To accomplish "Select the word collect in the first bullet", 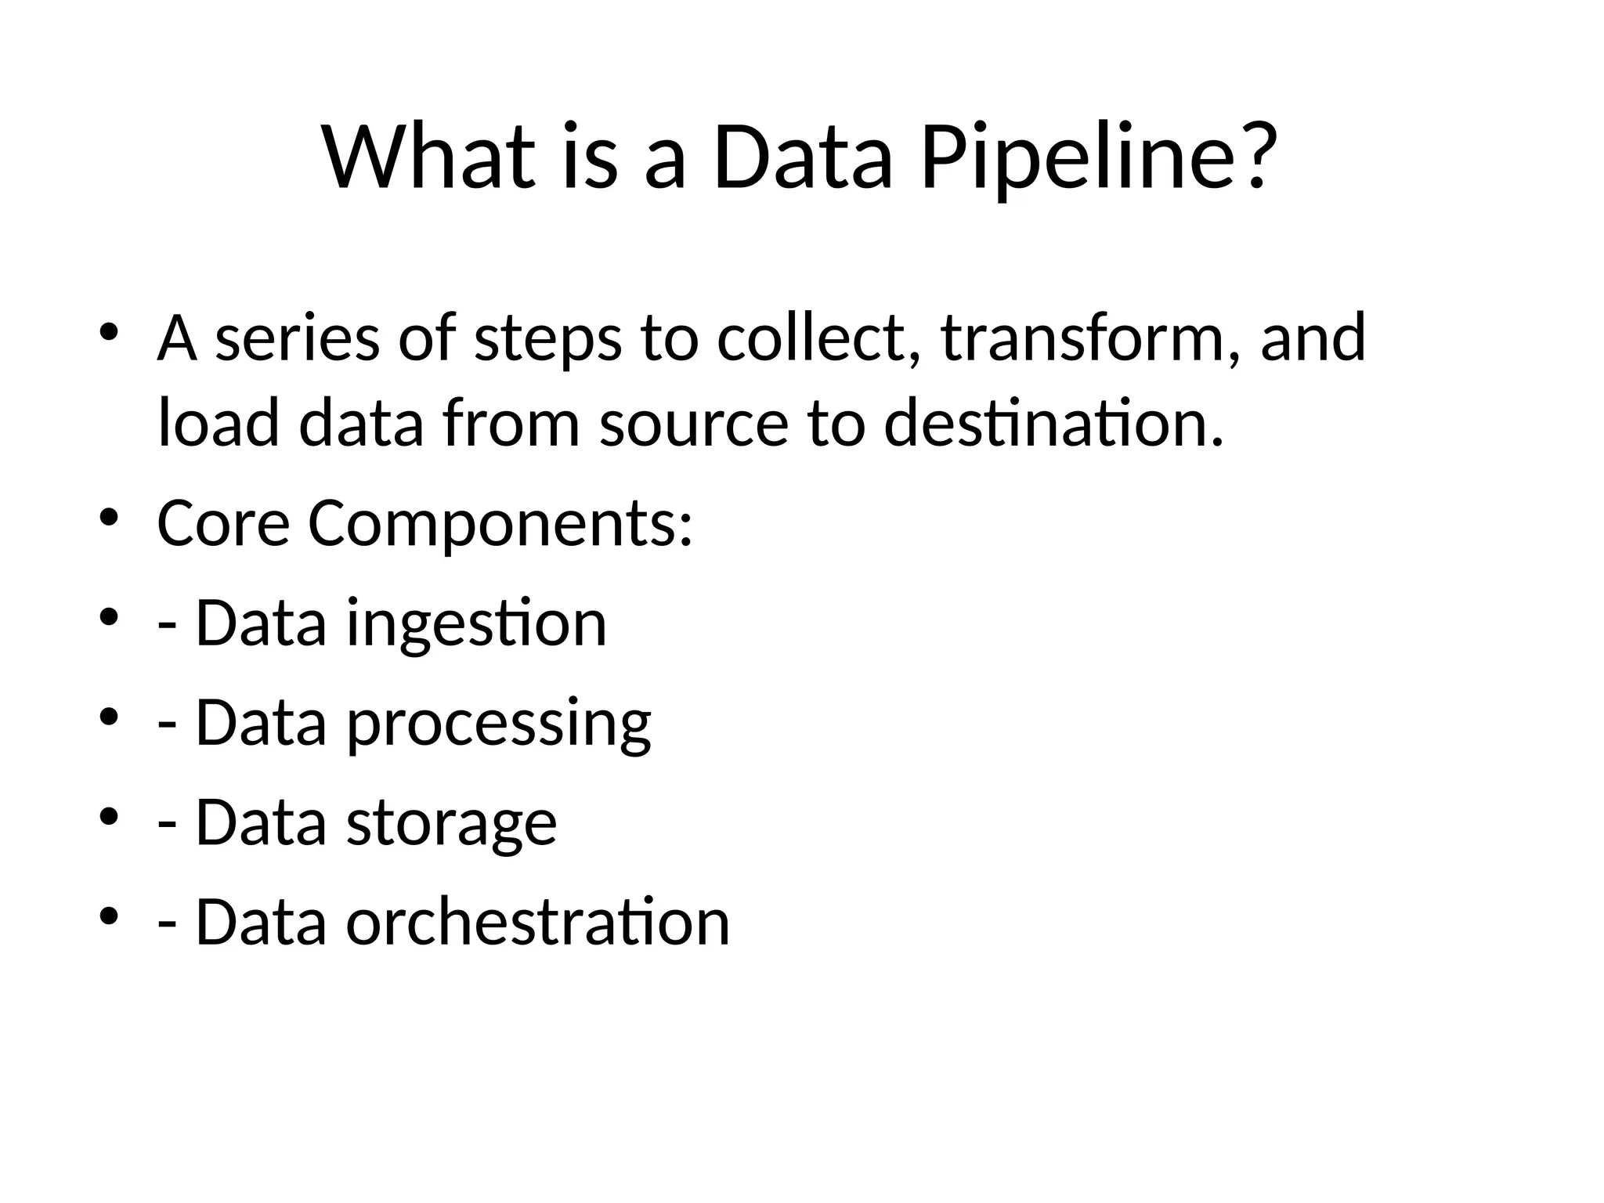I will [818, 338].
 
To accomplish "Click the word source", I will [694, 424].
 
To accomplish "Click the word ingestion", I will [476, 623].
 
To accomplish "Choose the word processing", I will [499, 724].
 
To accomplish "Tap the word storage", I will [451, 823].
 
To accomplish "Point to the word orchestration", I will [538, 923].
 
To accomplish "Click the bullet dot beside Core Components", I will [109, 518].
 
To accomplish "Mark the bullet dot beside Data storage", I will [109, 817].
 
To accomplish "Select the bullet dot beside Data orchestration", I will [109, 916].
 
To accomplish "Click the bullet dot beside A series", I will [109, 332].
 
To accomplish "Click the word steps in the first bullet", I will [547, 340].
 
